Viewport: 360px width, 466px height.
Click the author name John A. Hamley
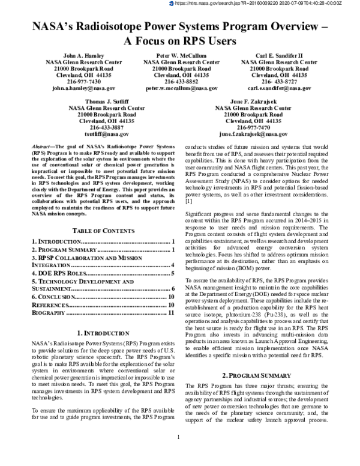[x=82, y=55]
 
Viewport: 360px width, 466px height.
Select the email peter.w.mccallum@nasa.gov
[x=181, y=88]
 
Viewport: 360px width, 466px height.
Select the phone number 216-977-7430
[x=82, y=81]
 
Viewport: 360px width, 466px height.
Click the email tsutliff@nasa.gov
[x=106, y=135]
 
